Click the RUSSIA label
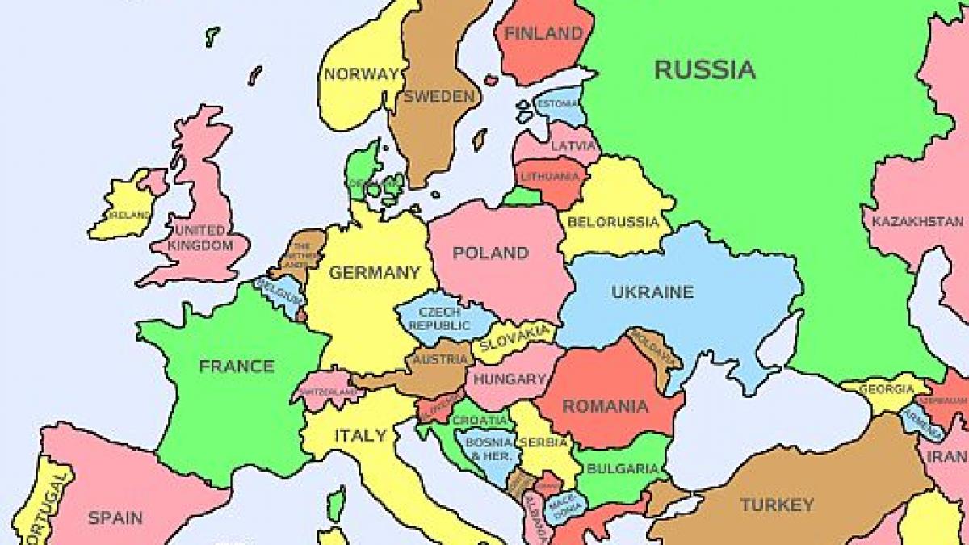tap(704, 70)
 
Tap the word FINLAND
tap(543, 34)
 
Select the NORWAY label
tap(361, 74)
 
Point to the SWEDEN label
tap(438, 97)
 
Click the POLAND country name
tap(490, 254)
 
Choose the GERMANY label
tap(374, 273)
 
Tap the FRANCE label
tap(237, 367)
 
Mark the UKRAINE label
tap(652, 292)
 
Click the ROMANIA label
tap(605, 406)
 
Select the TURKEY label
tap(777, 505)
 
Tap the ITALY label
tap(360, 436)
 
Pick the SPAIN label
tap(115, 518)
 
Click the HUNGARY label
tap(510, 379)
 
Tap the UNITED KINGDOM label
tap(201, 237)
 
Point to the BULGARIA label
tap(623, 468)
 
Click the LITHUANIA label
tap(550, 176)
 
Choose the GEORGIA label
tap(887, 389)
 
